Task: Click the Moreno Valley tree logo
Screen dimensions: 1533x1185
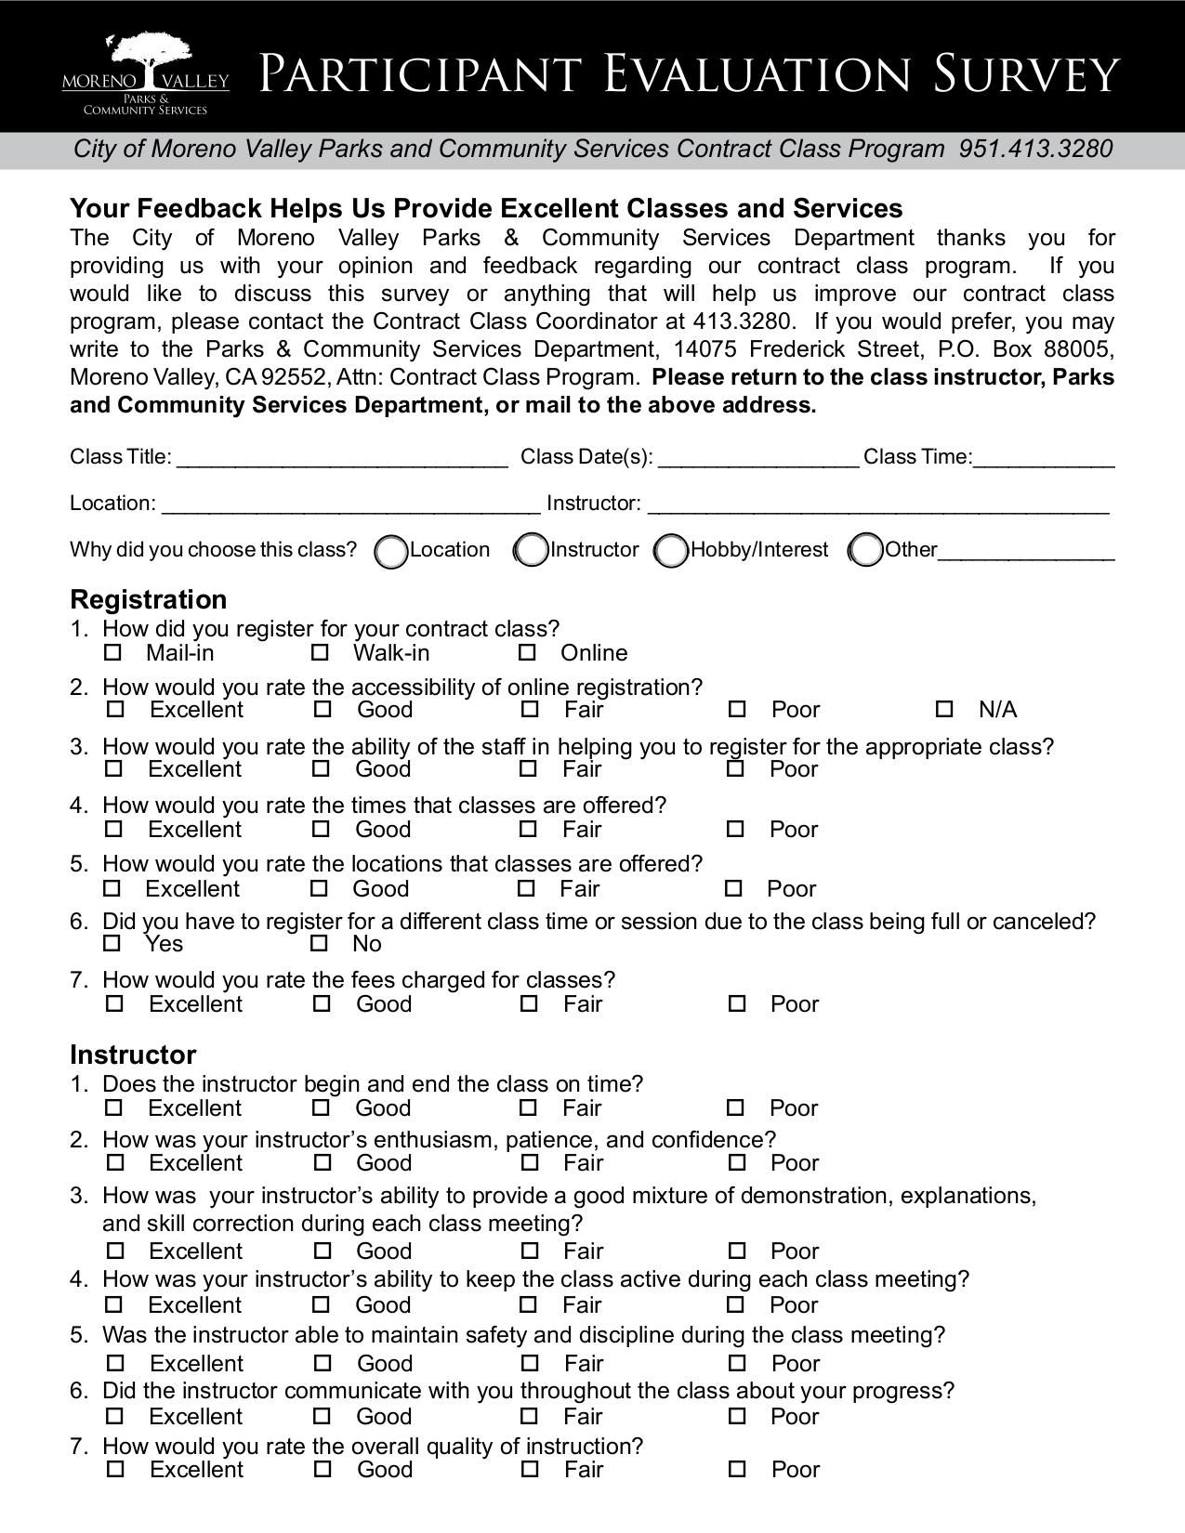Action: (x=145, y=74)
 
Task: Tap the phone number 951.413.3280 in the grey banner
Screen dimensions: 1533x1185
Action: (x=1035, y=150)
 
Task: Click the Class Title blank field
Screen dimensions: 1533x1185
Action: (x=342, y=457)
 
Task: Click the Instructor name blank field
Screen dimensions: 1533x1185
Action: (x=877, y=504)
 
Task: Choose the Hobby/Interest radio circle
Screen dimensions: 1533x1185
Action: (x=671, y=551)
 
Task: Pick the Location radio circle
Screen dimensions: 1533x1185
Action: (x=391, y=551)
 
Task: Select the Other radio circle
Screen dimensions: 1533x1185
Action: (x=866, y=551)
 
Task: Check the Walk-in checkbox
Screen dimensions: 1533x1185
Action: (x=320, y=653)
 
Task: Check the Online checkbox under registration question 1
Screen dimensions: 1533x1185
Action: (x=527, y=653)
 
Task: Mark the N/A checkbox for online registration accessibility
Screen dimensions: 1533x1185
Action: (x=944, y=710)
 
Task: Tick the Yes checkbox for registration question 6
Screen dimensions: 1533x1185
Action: (x=112, y=944)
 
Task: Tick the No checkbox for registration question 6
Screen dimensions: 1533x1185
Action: (x=320, y=944)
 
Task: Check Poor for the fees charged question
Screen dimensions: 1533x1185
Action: (x=737, y=1003)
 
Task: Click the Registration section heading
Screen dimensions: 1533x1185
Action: (x=149, y=599)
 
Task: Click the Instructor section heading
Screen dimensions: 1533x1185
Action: (x=133, y=1055)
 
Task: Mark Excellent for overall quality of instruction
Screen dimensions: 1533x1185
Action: (x=115, y=1469)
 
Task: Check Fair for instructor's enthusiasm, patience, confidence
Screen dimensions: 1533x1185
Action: (x=529, y=1162)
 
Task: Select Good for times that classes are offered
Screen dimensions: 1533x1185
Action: (x=321, y=829)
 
